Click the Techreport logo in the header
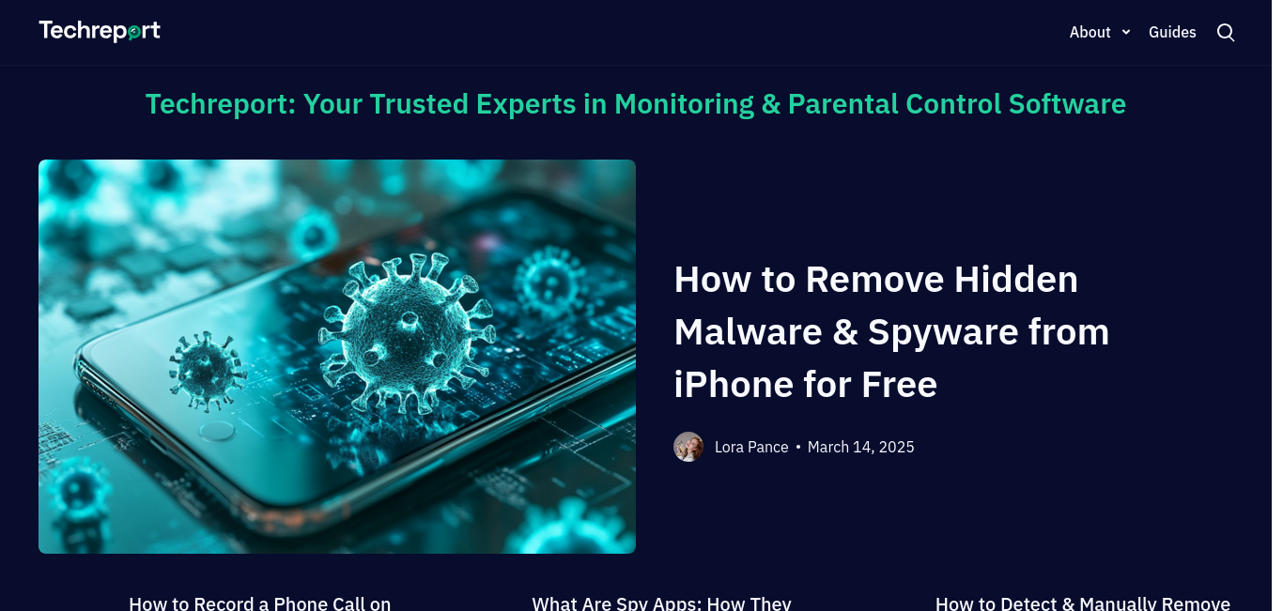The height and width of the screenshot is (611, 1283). pyautogui.click(x=100, y=31)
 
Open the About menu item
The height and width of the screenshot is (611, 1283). pyautogui.click(x=1090, y=32)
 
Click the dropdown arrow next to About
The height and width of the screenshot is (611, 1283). pyautogui.click(x=1126, y=32)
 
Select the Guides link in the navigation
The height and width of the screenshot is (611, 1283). pyautogui.click(x=1172, y=32)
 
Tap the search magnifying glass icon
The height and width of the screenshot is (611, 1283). pyautogui.click(x=1225, y=33)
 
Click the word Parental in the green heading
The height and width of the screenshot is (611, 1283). pyautogui.click(x=842, y=104)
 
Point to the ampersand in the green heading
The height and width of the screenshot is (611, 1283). pyautogui.click(x=771, y=104)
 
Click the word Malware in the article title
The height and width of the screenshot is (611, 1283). pyautogui.click(x=748, y=332)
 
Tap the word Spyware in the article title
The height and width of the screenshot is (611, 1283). pyautogui.click(x=942, y=333)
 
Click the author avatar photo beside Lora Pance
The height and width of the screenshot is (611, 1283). pyautogui.click(x=688, y=447)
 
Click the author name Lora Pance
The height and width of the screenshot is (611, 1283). pyautogui.click(x=751, y=447)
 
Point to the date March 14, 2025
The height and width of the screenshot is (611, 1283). pyautogui.click(x=861, y=447)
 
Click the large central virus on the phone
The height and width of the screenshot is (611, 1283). pyautogui.click(x=408, y=333)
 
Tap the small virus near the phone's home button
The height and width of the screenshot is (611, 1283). pyautogui.click(x=207, y=371)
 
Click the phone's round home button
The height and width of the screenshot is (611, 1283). pyautogui.click(x=217, y=431)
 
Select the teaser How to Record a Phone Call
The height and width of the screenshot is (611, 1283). pyautogui.click(x=259, y=603)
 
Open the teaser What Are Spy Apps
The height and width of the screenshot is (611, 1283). pyautogui.click(x=661, y=603)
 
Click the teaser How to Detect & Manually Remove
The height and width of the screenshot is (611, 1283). pyautogui.click(x=1083, y=603)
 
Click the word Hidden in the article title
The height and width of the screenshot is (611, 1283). pyautogui.click(x=1016, y=280)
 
